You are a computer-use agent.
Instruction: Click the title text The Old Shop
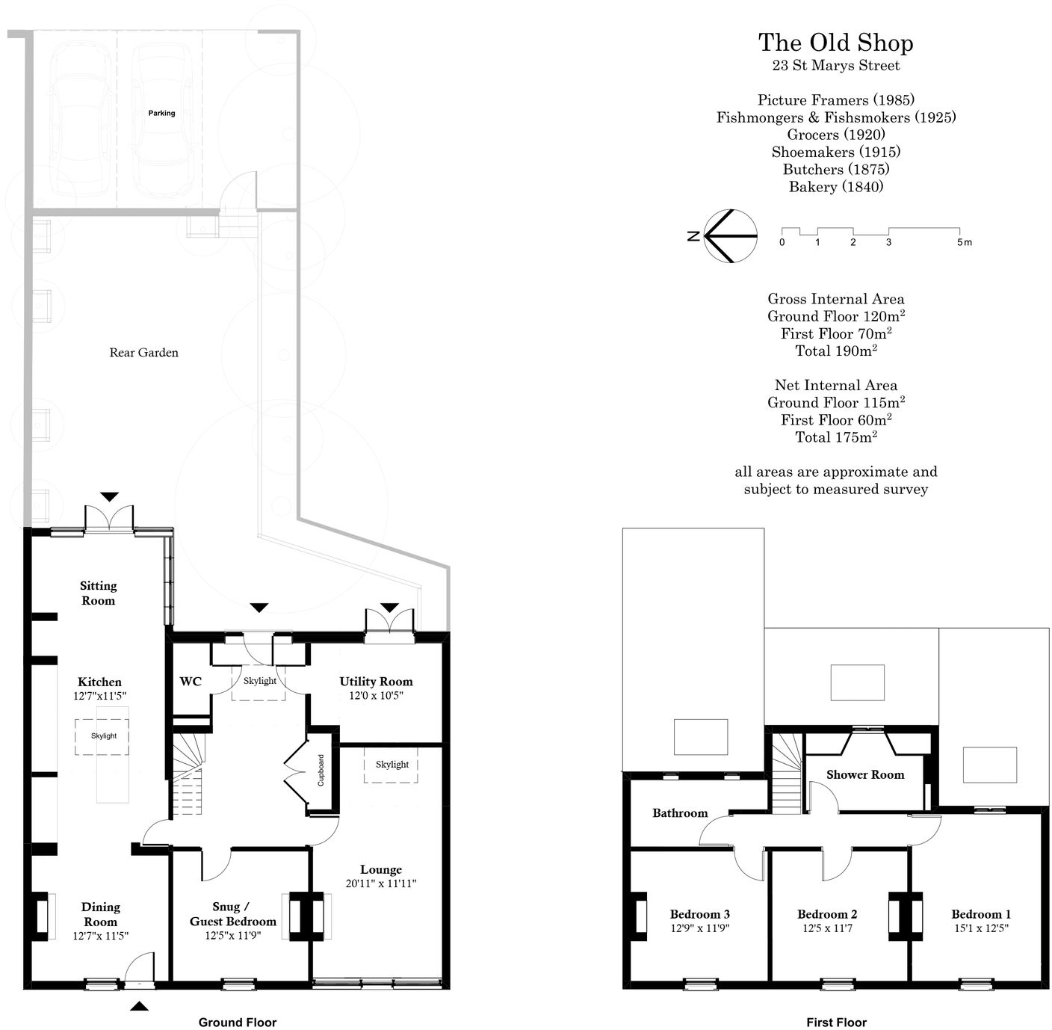pos(835,43)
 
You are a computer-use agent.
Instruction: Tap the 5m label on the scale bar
pos(964,242)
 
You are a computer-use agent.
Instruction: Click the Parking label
pos(161,113)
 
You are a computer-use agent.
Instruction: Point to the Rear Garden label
pos(143,353)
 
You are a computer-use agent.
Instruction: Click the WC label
pos(191,682)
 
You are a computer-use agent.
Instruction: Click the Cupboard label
pos(321,771)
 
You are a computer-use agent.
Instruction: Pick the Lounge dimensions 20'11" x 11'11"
pos(380,883)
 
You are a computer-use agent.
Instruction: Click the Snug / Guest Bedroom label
pos(232,913)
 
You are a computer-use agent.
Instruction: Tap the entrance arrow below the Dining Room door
pos(139,1006)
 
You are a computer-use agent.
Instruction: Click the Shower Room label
pos(864,775)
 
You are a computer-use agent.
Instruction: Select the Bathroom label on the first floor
pos(679,813)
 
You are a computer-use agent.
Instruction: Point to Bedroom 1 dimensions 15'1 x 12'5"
pos(980,928)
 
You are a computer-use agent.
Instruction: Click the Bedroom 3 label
pos(699,914)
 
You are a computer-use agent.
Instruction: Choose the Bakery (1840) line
pos(835,187)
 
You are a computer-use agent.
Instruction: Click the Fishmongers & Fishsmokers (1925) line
pos(835,117)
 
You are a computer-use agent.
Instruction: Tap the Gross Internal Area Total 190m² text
pos(835,351)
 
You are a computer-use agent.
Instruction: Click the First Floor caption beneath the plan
pos(836,1023)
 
